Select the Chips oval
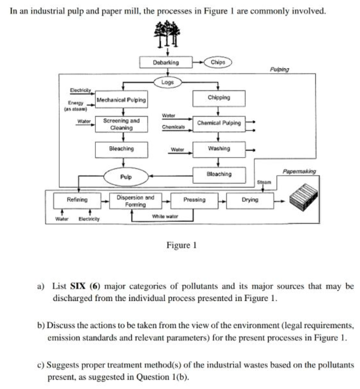coord(217,62)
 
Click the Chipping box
coord(219,98)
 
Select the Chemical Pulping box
coord(219,123)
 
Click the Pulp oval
coord(125,175)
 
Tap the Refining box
coord(77,200)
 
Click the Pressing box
coord(194,200)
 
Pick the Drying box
coord(249,200)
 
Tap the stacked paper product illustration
coord(304,196)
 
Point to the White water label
coord(165,217)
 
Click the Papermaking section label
coord(299,172)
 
